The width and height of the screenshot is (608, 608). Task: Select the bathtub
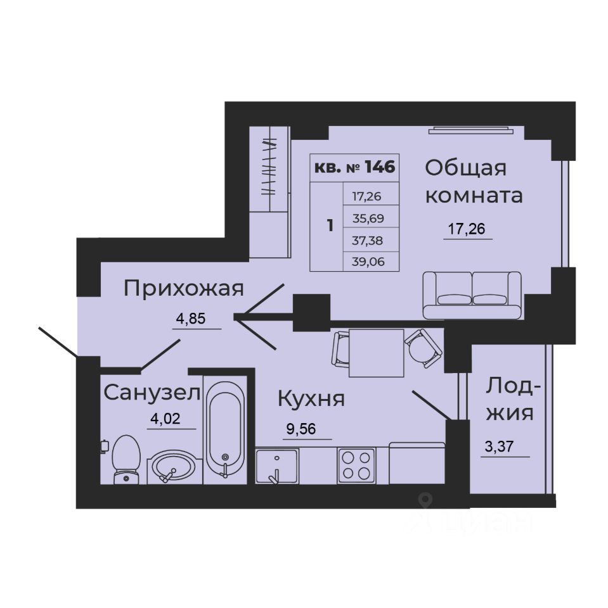pos(224,428)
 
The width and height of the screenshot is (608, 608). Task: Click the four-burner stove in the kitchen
pos(356,465)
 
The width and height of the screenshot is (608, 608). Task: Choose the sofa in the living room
pos(472,294)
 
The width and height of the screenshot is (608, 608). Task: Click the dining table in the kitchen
pos(376,353)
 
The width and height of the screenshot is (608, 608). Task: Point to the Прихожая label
pos(184,289)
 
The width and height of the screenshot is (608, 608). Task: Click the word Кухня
pos(311,399)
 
